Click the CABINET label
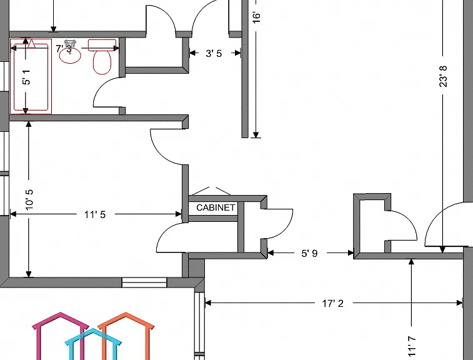point(216,207)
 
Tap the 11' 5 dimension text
point(95,214)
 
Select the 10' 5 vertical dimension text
point(29,200)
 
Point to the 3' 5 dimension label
point(214,53)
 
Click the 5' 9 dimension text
point(309,253)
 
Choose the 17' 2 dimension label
point(333,303)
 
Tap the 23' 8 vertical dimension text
point(443,77)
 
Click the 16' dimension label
point(256,17)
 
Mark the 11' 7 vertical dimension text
point(412,347)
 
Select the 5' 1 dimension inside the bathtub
point(26,77)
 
